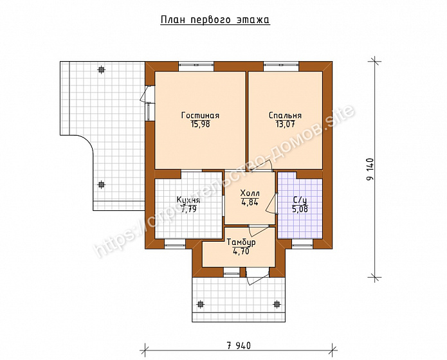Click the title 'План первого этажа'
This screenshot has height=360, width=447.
215,20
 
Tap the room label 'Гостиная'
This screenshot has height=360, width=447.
201,116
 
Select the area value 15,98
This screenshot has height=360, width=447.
201,124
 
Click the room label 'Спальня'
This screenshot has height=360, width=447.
285,116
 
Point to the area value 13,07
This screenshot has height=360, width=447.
285,124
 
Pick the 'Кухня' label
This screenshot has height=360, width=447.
188,200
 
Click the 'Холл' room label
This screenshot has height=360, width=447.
250,193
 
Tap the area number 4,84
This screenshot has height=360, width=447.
250,202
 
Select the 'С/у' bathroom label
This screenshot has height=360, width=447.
300,200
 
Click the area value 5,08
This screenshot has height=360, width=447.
300,210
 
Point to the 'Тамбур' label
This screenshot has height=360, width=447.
241,242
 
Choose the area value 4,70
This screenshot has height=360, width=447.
241,251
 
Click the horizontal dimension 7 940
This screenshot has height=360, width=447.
239,346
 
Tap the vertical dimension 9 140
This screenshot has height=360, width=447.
370,169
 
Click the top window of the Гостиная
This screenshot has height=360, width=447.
196,66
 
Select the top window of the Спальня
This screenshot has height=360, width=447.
281,66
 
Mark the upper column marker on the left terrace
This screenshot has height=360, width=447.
101,69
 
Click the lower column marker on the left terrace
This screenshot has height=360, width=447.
101,184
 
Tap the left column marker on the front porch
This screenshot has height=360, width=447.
201,304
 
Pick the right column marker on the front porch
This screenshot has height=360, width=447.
277,304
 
